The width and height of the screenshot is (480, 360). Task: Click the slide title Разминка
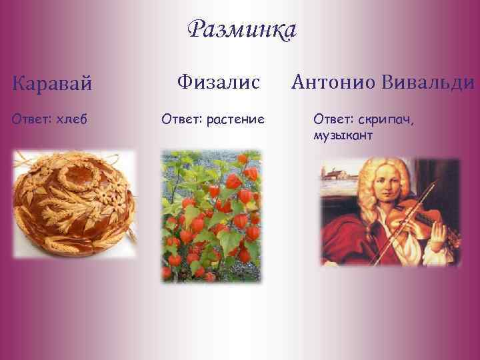point(241,30)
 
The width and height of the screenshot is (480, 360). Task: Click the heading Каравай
point(52,85)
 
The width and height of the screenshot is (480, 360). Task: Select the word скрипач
point(387,119)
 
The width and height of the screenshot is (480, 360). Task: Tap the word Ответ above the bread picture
point(31,119)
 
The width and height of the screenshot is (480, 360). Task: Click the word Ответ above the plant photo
point(181,119)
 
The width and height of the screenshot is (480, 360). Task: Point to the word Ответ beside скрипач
point(331,119)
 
